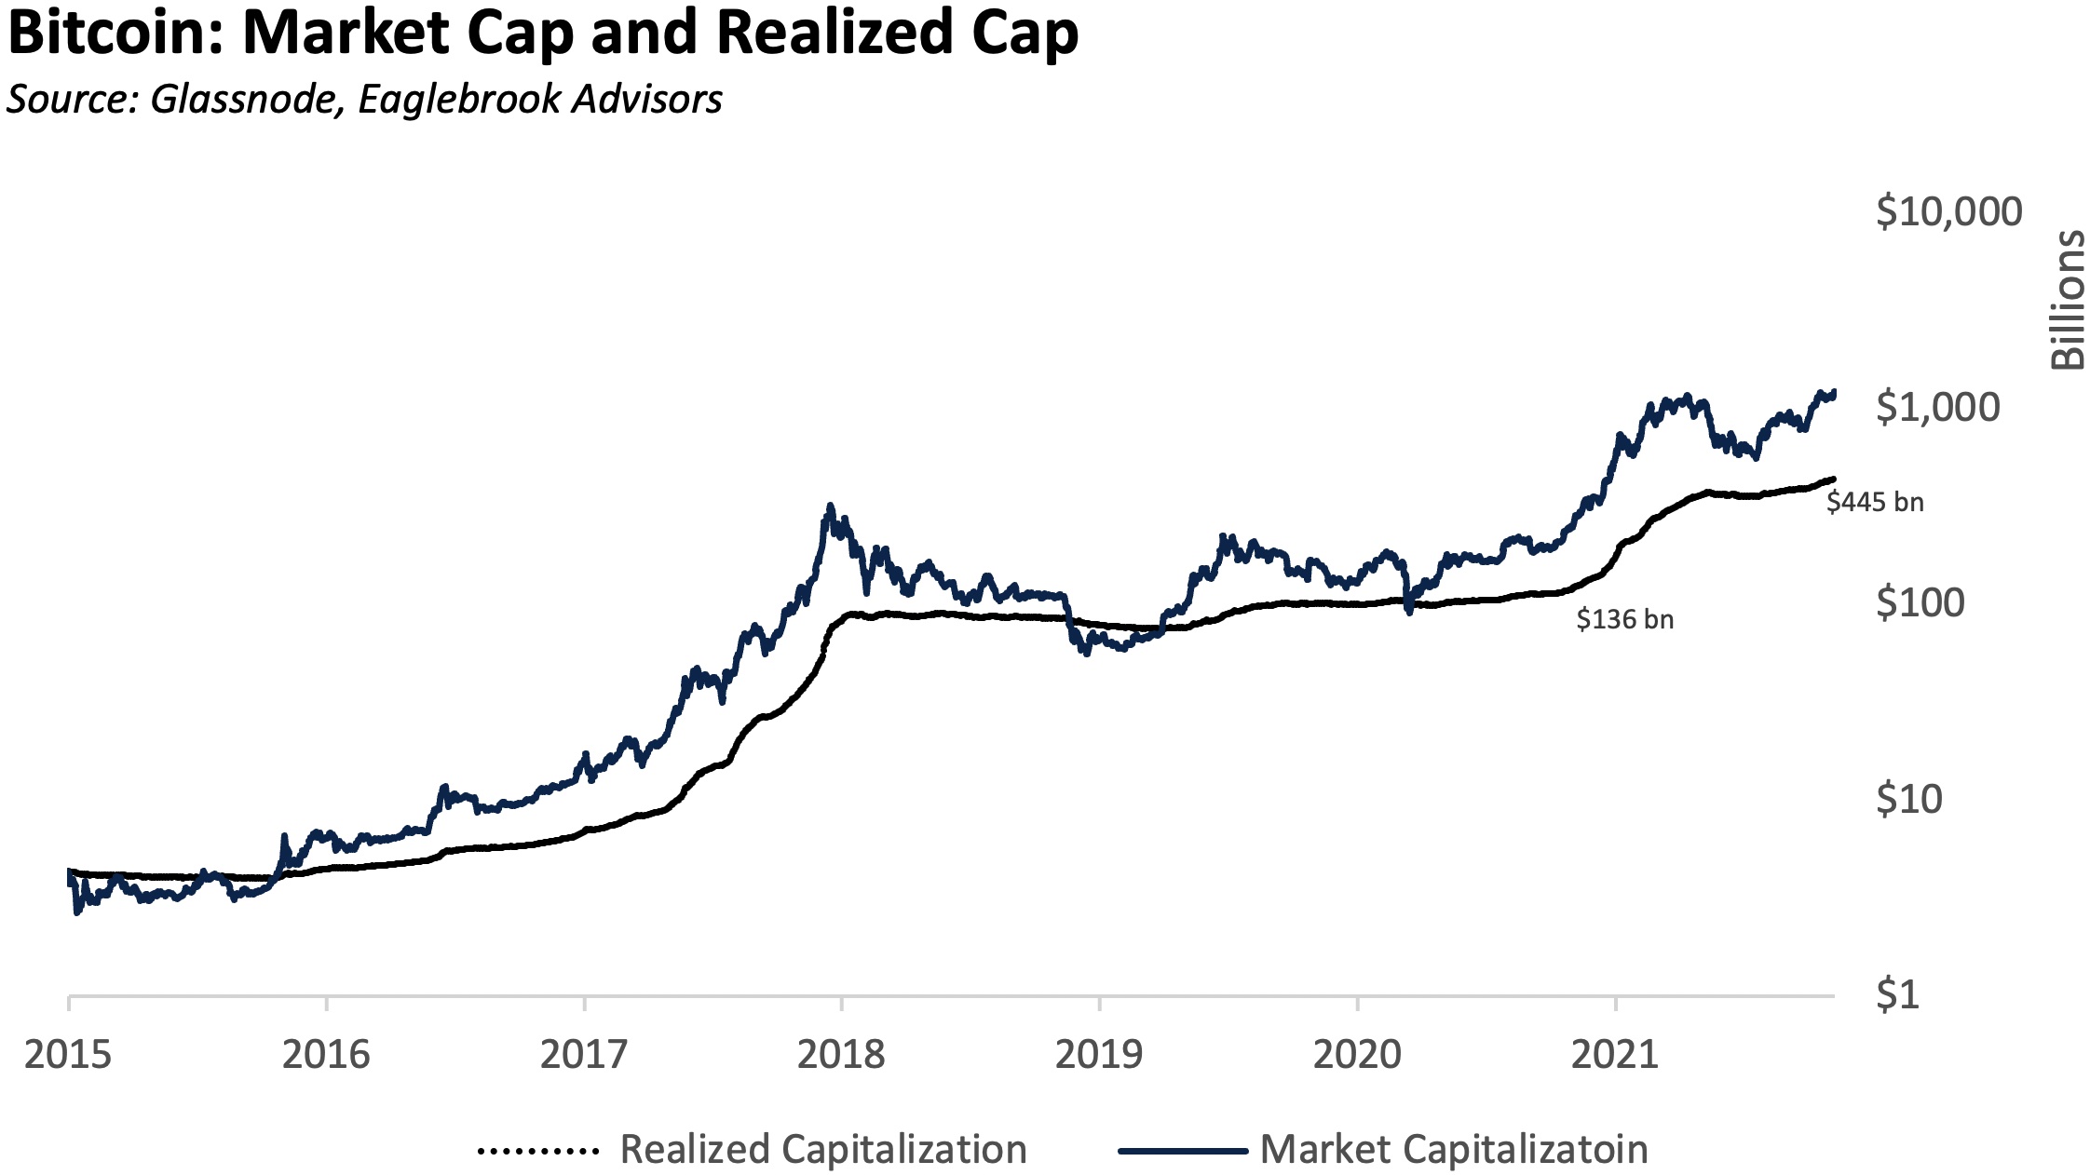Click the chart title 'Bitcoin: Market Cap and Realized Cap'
543,34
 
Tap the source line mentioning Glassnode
364,100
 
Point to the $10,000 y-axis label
1948,212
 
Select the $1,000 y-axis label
1937,408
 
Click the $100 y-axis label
1920,603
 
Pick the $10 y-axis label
1908,799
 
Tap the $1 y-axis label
1897,994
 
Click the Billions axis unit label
2069,300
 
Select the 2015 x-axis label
68,1055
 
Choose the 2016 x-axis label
326,1055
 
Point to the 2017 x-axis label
584,1055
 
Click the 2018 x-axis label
841,1055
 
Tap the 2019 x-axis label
1099,1055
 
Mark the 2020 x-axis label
1357,1055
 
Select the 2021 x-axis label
1615,1055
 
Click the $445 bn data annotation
1874,503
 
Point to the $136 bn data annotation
1624,620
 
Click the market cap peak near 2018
830,508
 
